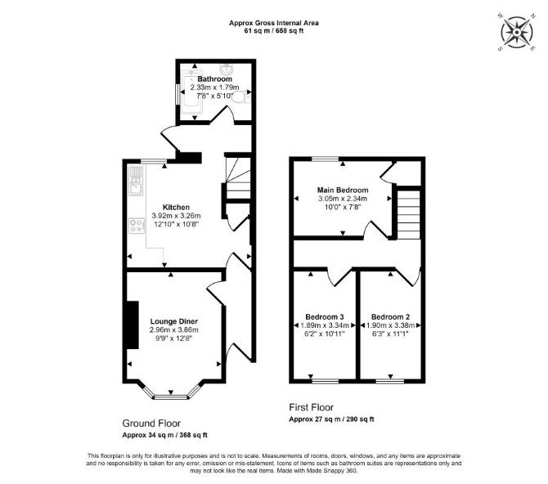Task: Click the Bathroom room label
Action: coord(214,79)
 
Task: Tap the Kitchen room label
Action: coord(176,207)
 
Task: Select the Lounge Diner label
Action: coord(174,321)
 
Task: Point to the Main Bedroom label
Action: coord(343,190)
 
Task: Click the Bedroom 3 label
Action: coord(325,317)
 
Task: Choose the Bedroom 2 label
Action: coord(390,317)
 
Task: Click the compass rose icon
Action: coord(517,32)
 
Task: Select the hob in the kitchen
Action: coord(137,226)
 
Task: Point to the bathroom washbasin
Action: coord(227,69)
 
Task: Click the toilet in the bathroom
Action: coord(241,97)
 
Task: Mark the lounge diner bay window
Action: coord(171,397)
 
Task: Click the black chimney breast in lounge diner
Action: coord(133,325)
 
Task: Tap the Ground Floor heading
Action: coord(151,423)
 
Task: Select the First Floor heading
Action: coord(311,407)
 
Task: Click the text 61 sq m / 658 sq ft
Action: coord(274,30)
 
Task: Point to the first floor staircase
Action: coord(409,214)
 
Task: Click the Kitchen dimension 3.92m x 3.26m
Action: coord(176,216)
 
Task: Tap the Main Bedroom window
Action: coord(325,159)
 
